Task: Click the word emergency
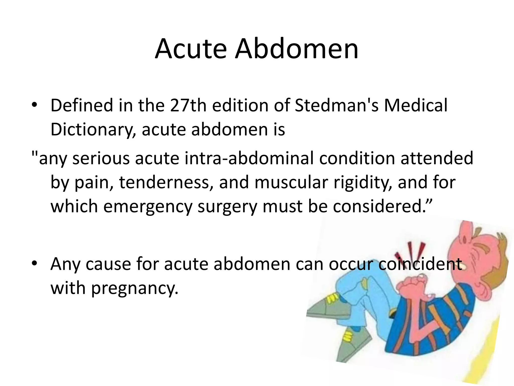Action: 148,206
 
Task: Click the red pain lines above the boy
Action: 412,251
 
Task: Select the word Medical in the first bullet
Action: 416,105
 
